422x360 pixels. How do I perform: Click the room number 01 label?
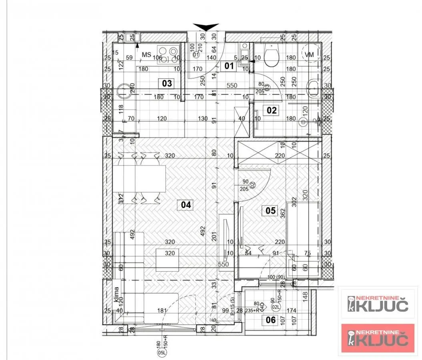[x=229, y=66]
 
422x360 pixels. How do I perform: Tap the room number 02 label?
[x=272, y=110]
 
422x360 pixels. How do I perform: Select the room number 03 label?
[x=167, y=83]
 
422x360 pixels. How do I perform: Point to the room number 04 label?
[x=186, y=205]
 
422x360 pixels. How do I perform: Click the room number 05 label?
[x=271, y=210]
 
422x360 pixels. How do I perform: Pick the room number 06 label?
[x=271, y=319]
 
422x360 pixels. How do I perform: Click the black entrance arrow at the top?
[x=206, y=27]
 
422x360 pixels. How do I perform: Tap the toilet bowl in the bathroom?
[x=272, y=56]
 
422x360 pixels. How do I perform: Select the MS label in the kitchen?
[x=146, y=54]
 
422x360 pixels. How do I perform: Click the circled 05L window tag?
[x=162, y=352]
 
